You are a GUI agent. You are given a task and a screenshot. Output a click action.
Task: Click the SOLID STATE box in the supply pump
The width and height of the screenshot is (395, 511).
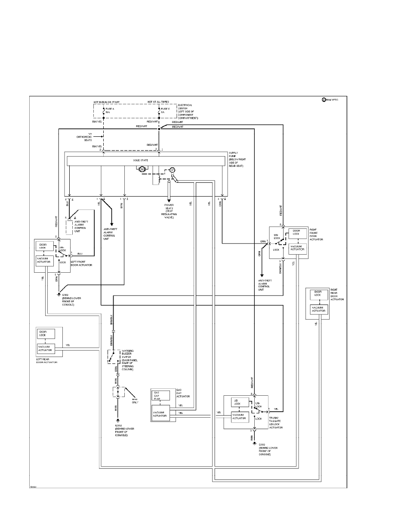(146, 160)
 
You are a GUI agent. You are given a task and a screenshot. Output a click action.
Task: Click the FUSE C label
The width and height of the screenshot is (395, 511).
(166, 109)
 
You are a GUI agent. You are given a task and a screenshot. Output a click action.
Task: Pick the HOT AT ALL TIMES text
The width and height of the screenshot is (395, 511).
(158, 102)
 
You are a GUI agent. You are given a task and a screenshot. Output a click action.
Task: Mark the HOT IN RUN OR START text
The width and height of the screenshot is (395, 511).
(107, 102)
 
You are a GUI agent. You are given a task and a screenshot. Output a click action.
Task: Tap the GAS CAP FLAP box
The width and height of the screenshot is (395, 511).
(157, 396)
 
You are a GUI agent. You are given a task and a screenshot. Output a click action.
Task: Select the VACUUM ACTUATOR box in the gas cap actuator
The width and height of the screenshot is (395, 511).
(160, 414)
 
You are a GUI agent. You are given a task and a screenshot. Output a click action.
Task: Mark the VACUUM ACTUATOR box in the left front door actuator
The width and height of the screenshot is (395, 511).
(45, 260)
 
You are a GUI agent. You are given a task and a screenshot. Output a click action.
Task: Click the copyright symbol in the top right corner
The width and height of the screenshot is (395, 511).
(324, 100)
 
